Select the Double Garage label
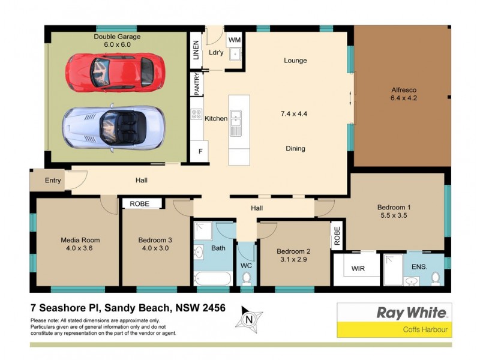pyautogui.click(x=112, y=40)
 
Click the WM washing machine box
pyautogui.click(x=235, y=40)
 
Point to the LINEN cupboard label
pyautogui.click(x=196, y=49)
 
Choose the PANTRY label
pyautogui.click(x=196, y=84)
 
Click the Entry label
pyautogui.click(x=53, y=180)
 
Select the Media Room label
pyautogui.click(x=80, y=244)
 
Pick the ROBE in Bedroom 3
pyautogui.click(x=143, y=204)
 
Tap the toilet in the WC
pyautogui.click(x=245, y=278)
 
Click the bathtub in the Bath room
pyautogui.click(x=212, y=279)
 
